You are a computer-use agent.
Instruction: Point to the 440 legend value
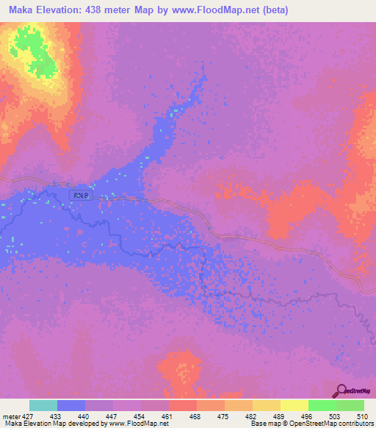point(84,415)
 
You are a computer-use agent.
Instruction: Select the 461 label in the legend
point(168,415)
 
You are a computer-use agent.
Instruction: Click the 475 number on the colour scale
point(224,415)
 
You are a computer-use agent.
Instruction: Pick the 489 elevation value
point(280,415)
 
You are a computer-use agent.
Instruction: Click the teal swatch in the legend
point(43,405)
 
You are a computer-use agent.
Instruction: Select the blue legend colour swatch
point(71,405)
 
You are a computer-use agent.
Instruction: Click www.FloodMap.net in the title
point(213,10)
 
